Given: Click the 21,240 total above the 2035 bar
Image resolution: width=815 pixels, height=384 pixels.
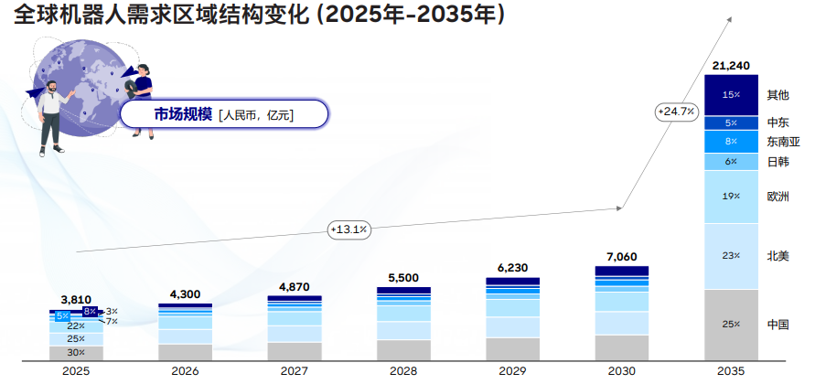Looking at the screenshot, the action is [x=731, y=66].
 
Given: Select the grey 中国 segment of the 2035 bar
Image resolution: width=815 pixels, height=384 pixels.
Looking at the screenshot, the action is [x=731, y=325].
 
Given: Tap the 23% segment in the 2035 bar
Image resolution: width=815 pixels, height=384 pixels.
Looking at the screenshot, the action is [x=731, y=257].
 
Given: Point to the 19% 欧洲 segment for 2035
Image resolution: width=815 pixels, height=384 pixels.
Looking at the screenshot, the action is [x=731, y=197].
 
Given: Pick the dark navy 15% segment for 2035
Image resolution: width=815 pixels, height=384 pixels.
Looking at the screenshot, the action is [x=731, y=95].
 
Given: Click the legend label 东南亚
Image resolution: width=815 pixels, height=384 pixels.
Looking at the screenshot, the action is [x=783, y=142].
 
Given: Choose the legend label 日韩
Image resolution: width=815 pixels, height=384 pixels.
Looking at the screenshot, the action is [x=778, y=162].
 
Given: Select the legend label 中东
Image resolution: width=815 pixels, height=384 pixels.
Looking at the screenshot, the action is [x=778, y=123].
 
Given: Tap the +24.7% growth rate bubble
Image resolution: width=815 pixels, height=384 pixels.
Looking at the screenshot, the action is [x=676, y=112].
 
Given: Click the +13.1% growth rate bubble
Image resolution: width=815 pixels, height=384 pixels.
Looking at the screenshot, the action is [x=349, y=229].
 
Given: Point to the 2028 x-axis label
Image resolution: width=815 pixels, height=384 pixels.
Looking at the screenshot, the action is [x=403, y=371].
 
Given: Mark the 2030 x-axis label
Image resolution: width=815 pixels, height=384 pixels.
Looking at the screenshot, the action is [x=622, y=371].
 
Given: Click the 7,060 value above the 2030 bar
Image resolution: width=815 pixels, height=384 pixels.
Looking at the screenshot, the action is [x=622, y=257].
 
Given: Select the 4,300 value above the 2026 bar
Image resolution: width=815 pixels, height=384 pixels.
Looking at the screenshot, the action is [x=185, y=294].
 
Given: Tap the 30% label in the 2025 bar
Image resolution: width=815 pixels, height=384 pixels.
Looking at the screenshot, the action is [x=76, y=353].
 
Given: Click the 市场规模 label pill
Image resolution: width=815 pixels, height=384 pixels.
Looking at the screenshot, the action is [x=224, y=114].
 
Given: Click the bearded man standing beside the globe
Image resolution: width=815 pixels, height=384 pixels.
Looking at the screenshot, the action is [x=51, y=117].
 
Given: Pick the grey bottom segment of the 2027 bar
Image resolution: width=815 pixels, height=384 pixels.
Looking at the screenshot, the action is [x=295, y=351].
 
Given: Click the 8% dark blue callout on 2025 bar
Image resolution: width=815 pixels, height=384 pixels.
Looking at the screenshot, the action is [x=90, y=312].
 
